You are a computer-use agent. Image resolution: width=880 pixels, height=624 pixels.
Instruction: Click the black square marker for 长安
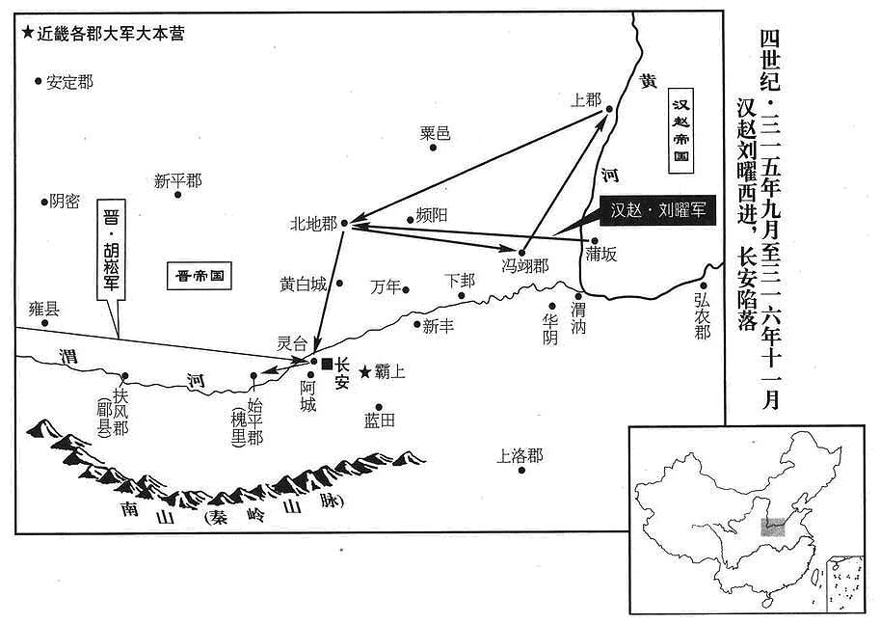(327, 364)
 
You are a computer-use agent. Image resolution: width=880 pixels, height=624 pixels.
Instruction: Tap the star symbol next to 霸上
(365, 371)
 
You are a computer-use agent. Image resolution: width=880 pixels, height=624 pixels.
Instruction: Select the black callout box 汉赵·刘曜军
(657, 210)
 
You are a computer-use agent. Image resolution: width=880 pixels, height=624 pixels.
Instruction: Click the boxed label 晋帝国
(200, 276)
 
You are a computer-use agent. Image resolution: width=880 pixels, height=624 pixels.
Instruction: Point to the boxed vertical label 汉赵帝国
(681, 130)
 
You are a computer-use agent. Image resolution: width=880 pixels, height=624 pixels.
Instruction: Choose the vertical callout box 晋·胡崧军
(111, 250)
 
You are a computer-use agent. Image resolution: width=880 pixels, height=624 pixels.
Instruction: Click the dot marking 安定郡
(39, 81)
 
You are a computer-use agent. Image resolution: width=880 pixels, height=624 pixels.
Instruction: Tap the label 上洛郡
(520, 455)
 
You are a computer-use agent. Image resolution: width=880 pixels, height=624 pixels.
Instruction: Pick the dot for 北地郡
(345, 223)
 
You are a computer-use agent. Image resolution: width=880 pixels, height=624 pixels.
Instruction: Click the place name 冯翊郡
(525, 265)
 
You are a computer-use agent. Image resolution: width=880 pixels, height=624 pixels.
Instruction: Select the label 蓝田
(380, 421)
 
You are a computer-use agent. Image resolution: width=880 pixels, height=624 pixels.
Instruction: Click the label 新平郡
(178, 181)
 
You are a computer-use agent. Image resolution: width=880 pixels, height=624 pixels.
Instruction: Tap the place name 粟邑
(435, 134)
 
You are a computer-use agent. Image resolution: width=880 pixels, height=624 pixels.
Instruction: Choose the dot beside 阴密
(43, 203)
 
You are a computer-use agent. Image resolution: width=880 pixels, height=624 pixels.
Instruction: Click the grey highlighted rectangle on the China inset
(772, 528)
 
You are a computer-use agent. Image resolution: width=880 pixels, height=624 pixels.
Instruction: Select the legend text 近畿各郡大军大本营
(111, 34)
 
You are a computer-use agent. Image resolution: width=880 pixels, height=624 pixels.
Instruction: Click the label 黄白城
(303, 285)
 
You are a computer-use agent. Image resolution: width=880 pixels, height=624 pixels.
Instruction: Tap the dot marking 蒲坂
(595, 241)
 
